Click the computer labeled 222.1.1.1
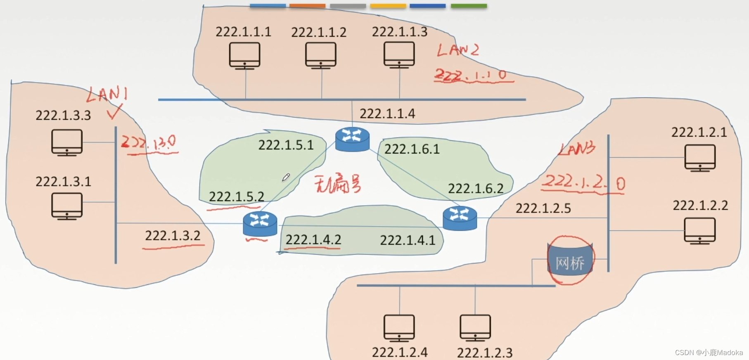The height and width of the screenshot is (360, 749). click(244, 55)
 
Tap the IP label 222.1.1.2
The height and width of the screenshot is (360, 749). click(319, 32)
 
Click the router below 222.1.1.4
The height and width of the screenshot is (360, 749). click(352, 139)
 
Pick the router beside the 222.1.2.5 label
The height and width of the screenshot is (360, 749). click(460, 218)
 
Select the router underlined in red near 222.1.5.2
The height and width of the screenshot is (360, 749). click(260, 224)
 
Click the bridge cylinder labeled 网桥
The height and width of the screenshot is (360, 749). click(570, 260)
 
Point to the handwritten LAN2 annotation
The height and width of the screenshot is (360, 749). click(458, 50)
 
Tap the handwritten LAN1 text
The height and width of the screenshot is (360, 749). click(107, 95)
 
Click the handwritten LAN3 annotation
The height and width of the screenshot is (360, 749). click(577, 149)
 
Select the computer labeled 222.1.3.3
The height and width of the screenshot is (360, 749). click(67, 142)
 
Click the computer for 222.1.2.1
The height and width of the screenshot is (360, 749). click(700, 157)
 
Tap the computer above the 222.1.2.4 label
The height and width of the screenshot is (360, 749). click(399, 328)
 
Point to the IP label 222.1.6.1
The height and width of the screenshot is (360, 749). click(412, 149)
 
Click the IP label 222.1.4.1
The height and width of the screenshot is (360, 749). click(408, 240)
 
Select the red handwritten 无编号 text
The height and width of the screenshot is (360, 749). click(337, 184)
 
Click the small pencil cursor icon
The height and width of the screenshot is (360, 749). click(286, 178)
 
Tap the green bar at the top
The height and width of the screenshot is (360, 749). click(469, 6)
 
